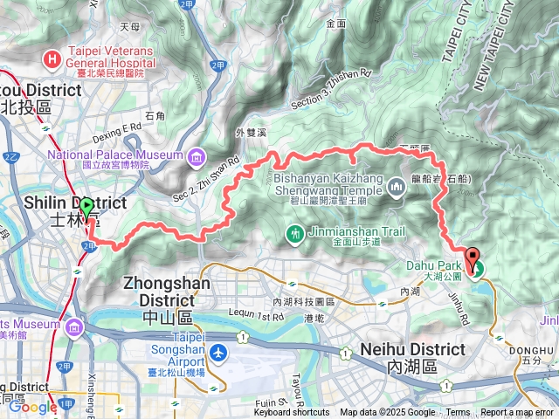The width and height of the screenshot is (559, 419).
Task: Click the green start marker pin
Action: [x=86, y=209]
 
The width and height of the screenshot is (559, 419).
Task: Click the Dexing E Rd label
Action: [x=118, y=127]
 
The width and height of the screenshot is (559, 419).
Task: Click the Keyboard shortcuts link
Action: [x=292, y=413]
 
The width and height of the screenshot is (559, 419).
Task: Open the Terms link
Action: [x=458, y=413]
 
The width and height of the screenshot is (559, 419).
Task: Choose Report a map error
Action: [x=518, y=413]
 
